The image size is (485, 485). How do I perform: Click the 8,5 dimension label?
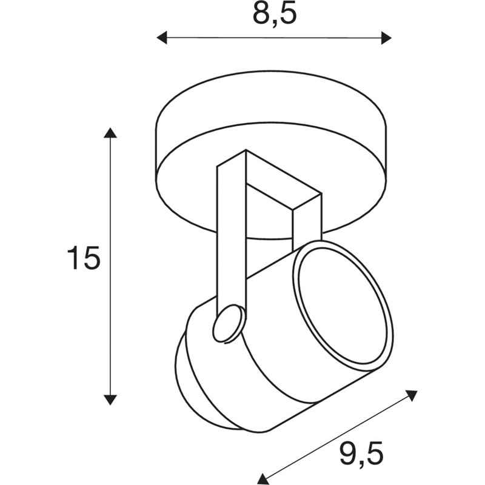coord(275,15)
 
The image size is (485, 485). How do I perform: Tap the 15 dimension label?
coord(84,258)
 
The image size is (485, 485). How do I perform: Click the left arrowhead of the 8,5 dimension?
coord(162,38)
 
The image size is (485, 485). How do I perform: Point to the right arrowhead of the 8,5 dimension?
coord(386,38)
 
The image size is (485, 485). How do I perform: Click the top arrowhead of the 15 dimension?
coord(110,132)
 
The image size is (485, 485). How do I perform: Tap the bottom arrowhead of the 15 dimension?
coord(110,400)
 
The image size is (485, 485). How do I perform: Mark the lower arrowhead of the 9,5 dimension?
coord(264,479)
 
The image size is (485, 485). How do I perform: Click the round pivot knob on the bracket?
coord(229,324)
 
